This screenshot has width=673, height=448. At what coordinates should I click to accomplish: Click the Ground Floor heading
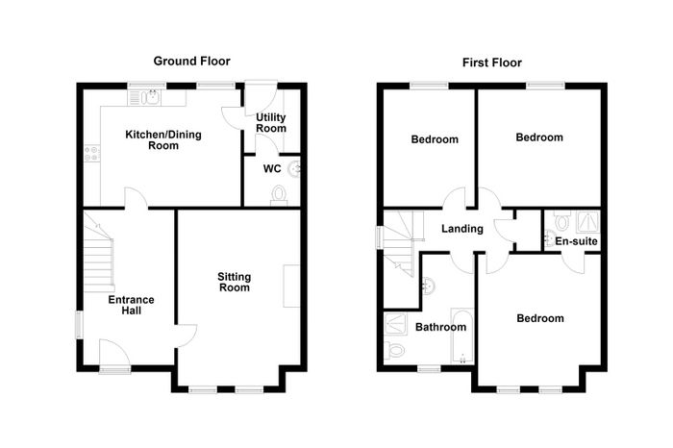[192, 62]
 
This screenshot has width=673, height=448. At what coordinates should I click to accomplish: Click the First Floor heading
[492, 63]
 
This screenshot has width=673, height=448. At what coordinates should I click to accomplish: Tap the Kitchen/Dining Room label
[163, 140]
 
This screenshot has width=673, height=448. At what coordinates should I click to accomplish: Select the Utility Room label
[271, 123]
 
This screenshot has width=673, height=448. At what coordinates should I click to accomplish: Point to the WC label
[272, 168]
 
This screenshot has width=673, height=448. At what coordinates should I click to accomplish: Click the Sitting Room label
[235, 282]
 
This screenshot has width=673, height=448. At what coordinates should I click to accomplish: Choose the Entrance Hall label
[131, 305]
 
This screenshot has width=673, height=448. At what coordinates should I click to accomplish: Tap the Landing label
[462, 229]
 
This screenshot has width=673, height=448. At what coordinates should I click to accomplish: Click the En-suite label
[576, 241]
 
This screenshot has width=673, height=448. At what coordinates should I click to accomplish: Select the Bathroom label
[440, 327]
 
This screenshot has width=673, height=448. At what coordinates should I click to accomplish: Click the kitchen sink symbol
[144, 98]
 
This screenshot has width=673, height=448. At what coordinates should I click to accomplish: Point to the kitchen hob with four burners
[92, 154]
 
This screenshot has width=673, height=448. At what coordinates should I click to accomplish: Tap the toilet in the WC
[280, 195]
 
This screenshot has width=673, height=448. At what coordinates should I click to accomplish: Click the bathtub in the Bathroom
[461, 336]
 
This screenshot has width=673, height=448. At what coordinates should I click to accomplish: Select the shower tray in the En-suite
[588, 222]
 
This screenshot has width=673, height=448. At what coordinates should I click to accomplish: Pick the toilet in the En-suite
[561, 220]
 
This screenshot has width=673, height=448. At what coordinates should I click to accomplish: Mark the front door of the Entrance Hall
[114, 355]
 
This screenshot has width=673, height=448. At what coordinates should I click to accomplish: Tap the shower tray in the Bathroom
[396, 324]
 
